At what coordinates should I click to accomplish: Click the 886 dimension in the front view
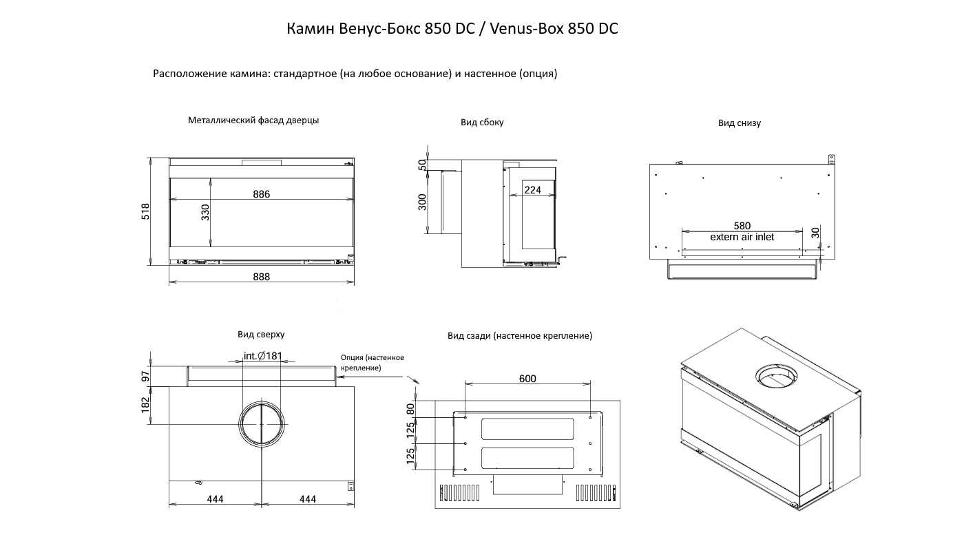[x=261, y=194]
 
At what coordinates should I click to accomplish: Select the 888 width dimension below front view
[x=261, y=277]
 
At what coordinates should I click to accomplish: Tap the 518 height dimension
[x=145, y=211]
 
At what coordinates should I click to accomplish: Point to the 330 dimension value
[x=205, y=212]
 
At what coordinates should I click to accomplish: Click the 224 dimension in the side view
[x=532, y=190]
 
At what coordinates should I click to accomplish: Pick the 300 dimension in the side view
[x=422, y=202]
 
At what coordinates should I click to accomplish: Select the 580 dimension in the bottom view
[x=742, y=226]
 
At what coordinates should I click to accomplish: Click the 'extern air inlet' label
[x=742, y=237]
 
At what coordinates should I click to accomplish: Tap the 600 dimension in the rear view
[x=527, y=379]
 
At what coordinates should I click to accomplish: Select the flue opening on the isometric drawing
[x=778, y=375]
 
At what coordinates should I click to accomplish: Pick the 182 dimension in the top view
[x=145, y=404]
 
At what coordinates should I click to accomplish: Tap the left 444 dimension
[x=215, y=499]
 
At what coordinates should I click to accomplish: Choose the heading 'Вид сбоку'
[x=482, y=123]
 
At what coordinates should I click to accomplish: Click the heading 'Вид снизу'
[x=739, y=123]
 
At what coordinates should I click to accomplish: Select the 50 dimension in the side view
[x=422, y=165]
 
